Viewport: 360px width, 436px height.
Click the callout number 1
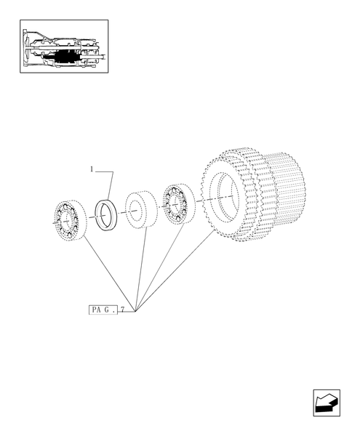pyautogui.click(x=92, y=169)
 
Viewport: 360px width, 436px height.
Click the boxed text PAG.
pyautogui.click(x=103, y=310)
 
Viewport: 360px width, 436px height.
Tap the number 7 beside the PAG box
pyautogui.click(x=124, y=310)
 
